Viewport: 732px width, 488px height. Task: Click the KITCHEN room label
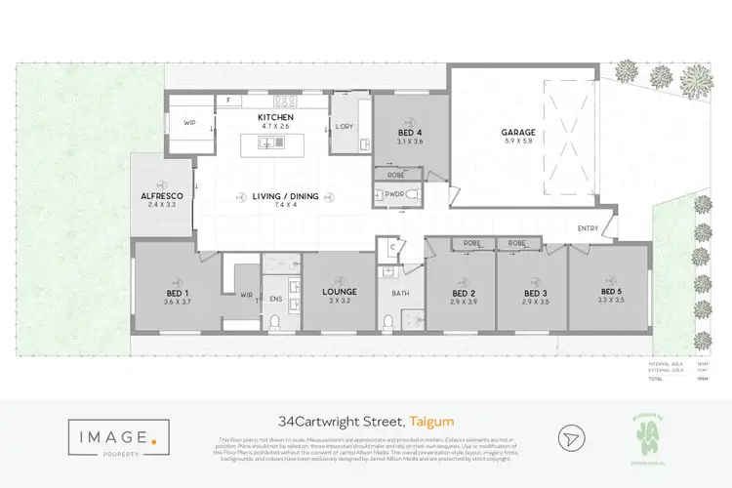pyautogui.click(x=275, y=117)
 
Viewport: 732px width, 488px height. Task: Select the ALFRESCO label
pyautogui.click(x=162, y=195)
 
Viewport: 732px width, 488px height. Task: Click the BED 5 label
pyautogui.click(x=611, y=292)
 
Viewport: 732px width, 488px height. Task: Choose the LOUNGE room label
pyautogui.click(x=338, y=292)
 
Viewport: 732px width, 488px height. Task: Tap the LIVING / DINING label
pyautogui.click(x=275, y=196)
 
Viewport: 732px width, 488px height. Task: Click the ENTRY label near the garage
pyautogui.click(x=589, y=228)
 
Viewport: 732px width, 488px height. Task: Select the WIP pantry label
pyautogui.click(x=190, y=123)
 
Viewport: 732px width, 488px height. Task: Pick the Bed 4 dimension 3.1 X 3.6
pyautogui.click(x=410, y=142)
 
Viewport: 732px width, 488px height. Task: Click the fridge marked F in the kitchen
pyautogui.click(x=228, y=100)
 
